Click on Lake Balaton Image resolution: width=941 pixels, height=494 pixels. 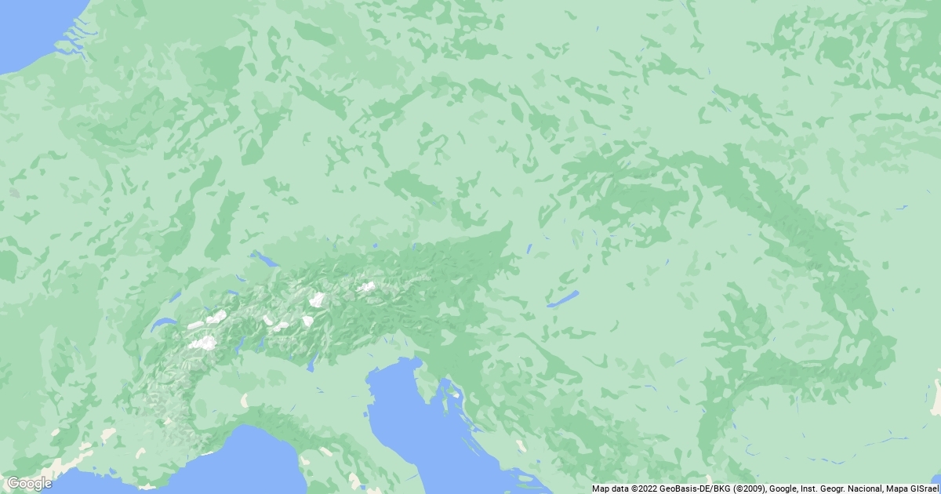click(563, 299)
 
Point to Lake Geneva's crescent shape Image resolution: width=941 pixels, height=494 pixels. click(162, 324)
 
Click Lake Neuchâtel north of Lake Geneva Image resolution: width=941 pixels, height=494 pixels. click(175, 296)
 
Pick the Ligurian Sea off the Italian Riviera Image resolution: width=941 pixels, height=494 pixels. click(251, 463)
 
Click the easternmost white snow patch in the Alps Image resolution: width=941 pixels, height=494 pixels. click(366, 287)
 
